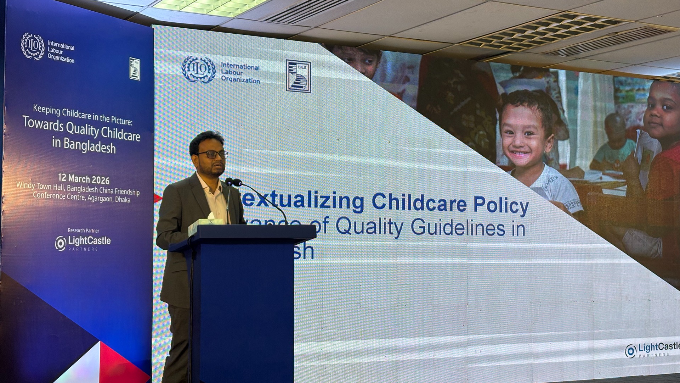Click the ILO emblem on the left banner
(x=33, y=46)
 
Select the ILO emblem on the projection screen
(x=198, y=69)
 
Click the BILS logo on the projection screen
(x=298, y=76)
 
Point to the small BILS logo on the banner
(x=135, y=68)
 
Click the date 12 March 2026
(x=84, y=178)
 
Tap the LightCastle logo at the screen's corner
(x=652, y=350)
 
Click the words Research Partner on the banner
(x=84, y=231)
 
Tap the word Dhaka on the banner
(x=123, y=200)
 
